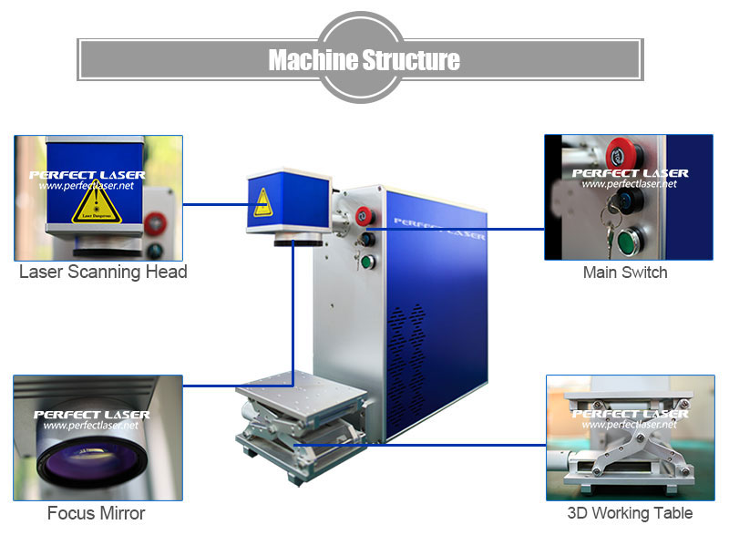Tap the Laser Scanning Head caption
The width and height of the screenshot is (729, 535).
click(103, 272)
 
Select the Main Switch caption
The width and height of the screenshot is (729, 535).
click(625, 273)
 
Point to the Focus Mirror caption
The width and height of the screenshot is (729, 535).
click(96, 514)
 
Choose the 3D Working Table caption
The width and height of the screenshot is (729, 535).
click(630, 514)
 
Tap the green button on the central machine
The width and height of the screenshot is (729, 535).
click(367, 263)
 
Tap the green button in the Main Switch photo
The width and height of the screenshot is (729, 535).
click(626, 242)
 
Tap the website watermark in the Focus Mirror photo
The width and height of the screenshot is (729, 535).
click(90, 426)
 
